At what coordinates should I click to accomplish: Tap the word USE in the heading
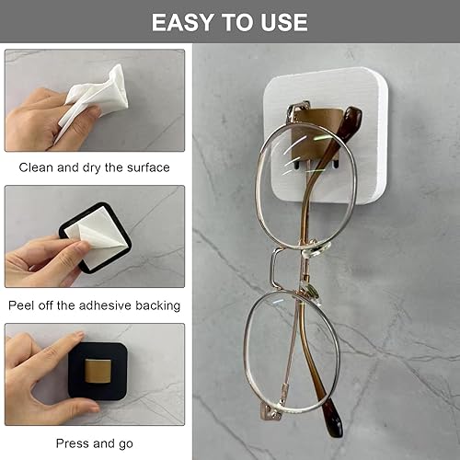[284, 22]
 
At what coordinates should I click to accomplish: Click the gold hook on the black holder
[98, 372]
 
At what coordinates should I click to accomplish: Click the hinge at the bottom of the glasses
[270, 411]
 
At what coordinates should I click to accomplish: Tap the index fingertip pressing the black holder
[78, 335]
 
